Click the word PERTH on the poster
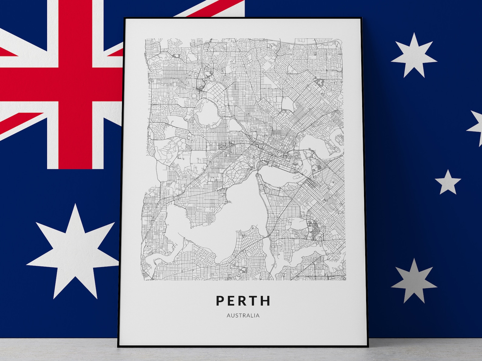click(x=243, y=300)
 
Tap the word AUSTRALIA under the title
click(x=243, y=316)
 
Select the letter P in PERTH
click(x=220, y=300)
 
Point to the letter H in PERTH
click(x=266, y=300)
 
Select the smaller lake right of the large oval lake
click(x=234, y=125)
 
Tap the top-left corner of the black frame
click(x=124, y=18)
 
